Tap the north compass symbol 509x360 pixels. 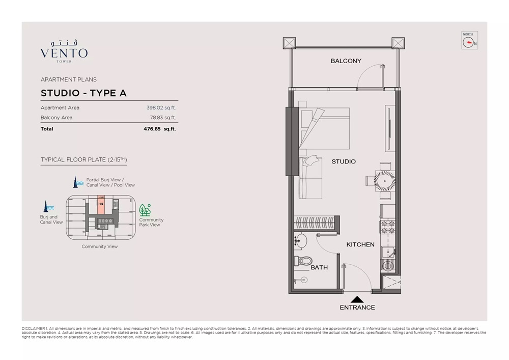click(469, 41)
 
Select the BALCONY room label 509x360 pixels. click(346, 61)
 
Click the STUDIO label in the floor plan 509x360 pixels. click(344, 161)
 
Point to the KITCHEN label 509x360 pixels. click(360, 244)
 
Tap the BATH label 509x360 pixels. click(319, 267)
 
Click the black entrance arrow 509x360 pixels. click(357, 300)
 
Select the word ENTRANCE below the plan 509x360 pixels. click(357, 308)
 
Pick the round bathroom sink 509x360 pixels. click(301, 241)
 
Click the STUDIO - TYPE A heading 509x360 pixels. click(83, 93)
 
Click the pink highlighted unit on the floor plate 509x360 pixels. click(101, 205)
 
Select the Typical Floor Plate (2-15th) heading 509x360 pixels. click(83, 160)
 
